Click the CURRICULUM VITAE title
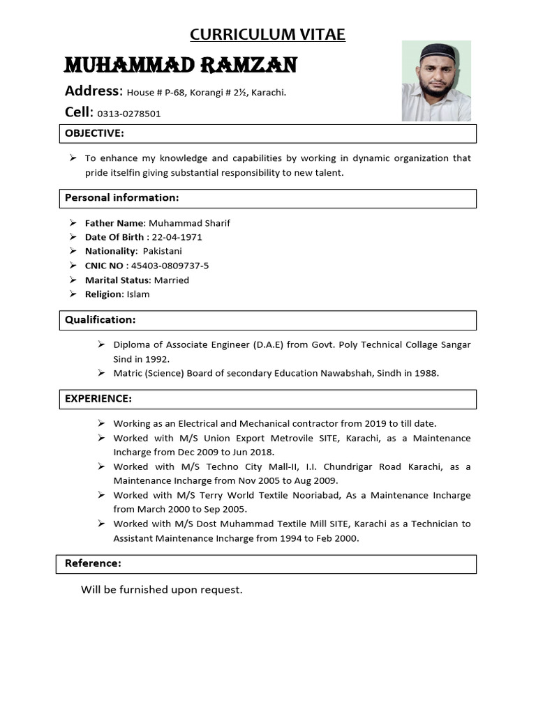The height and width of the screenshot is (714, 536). pyautogui.click(x=268, y=35)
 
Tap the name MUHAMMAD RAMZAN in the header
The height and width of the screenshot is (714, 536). pyautogui.click(x=181, y=66)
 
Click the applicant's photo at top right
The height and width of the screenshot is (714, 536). pyautogui.click(x=436, y=81)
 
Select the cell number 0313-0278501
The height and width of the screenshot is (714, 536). pyautogui.click(x=128, y=114)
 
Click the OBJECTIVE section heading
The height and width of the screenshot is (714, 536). pyautogui.click(x=94, y=133)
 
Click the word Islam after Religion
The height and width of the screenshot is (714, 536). pyautogui.click(x=138, y=294)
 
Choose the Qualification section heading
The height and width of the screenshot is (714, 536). pyautogui.click(x=100, y=320)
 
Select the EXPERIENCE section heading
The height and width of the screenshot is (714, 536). pyautogui.click(x=98, y=399)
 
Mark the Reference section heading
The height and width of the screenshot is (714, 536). pyautogui.click(x=93, y=563)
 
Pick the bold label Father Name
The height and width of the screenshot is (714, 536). pyautogui.click(x=114, y=223)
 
